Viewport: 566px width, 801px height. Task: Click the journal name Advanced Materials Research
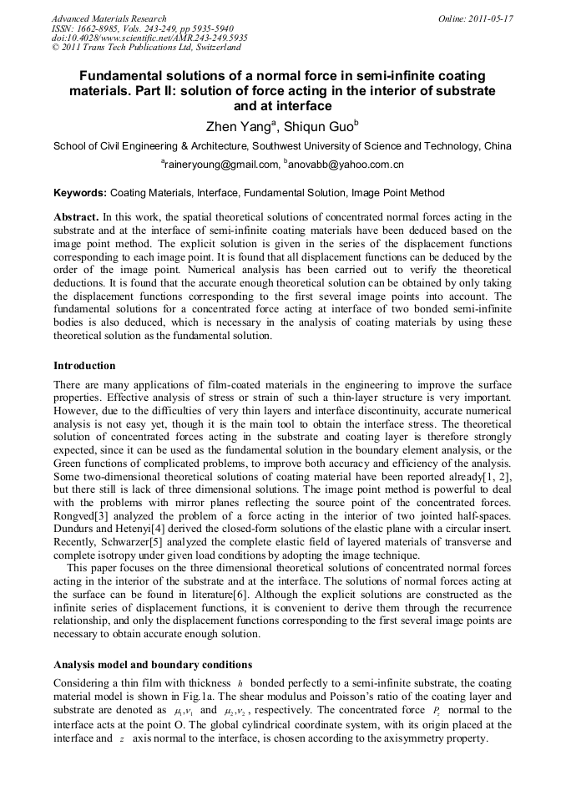pyautogui.click(x=109, y=18)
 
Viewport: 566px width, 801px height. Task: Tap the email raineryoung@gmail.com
pyautogui.click(x=218, y=165)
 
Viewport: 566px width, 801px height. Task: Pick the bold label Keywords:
pyautogui.click(x=80, y=193)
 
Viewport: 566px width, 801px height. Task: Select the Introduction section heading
pyautogui.click(x=84, y=366)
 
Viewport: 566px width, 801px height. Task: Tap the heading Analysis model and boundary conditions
pyautogui.click(x=153, y=665)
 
